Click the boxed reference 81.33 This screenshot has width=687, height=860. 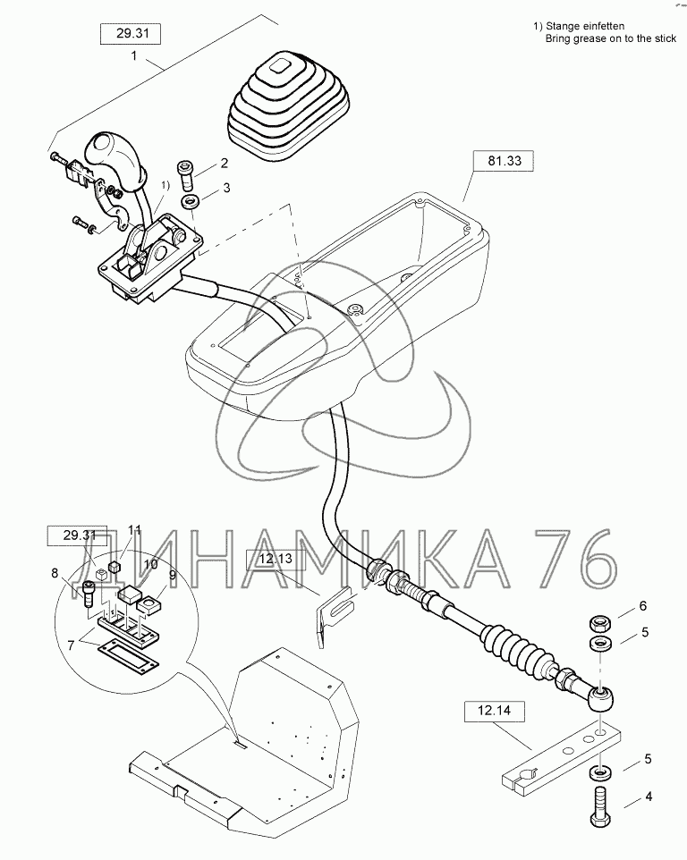point(504,161)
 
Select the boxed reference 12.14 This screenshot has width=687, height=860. point(494,711)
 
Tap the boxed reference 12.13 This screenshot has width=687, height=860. point(276,560)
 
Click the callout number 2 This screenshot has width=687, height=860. point(224,163)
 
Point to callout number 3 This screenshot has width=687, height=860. point(226,188)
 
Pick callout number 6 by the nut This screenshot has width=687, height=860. point(642,606)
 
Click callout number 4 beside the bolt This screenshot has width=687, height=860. point(649,796)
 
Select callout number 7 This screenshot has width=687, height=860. point(71,645)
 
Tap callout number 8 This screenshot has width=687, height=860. point(55,573)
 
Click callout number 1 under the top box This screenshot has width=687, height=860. point(133,55)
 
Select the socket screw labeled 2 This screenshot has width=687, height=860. point(186,173)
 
